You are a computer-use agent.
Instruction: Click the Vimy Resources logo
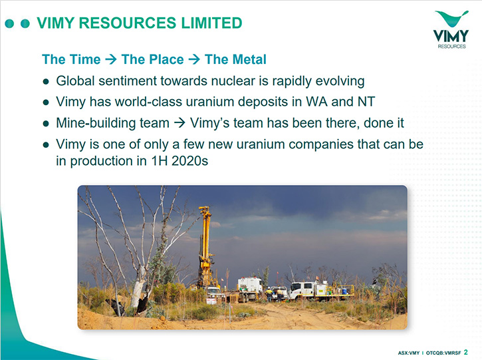click(x=451, y=29)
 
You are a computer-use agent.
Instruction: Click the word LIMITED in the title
click(x=211, y=23)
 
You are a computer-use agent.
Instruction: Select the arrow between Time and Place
click(x=110, y=59)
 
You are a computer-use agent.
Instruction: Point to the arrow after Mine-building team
click(x=180, y=123)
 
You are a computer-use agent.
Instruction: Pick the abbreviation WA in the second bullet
click(x=316, y=102)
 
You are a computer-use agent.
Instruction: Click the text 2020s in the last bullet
click(x=189, y=161)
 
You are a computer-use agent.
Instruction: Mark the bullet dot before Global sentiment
click(x=46, y=82)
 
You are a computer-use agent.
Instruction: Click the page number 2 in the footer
click(x=465, y=352)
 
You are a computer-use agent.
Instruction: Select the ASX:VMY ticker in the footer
click(x=408, y=353)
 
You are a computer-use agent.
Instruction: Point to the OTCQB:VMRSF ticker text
click(x=443, y=353)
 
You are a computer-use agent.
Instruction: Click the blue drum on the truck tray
click(x=344, y=290)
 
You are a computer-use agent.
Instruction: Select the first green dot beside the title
click(x=9, y=23)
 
